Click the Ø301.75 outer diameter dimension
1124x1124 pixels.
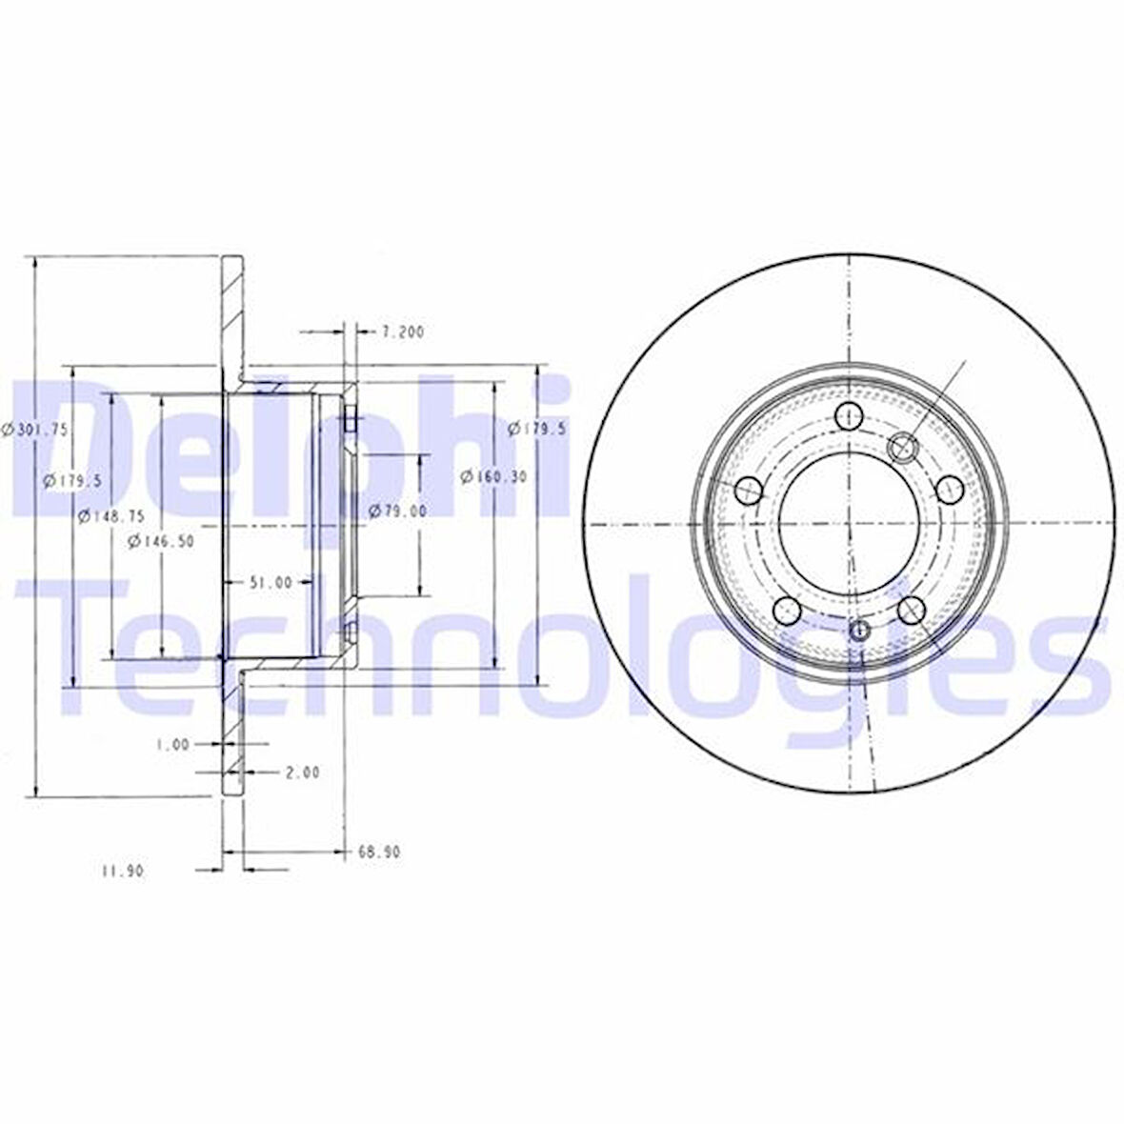coord(35,430)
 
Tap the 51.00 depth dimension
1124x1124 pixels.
coord(271,582)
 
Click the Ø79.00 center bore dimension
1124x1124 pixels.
coord(397,512)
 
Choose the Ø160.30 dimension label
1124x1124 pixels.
coord(493,476)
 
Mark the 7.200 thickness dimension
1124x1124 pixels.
coord(401,332)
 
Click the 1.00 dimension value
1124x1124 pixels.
coord(172,745)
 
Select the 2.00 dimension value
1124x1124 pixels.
coord(302,773)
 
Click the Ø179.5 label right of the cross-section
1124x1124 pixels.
coord(537,430)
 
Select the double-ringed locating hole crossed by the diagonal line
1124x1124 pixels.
coord(901,445)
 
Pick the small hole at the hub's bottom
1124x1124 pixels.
coord(859,630)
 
